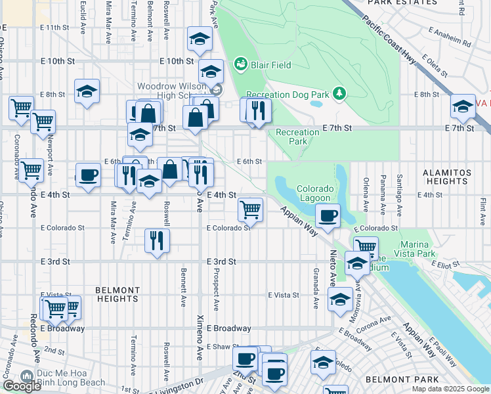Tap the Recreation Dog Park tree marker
339,94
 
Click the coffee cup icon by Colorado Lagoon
328,215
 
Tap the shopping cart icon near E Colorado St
250,209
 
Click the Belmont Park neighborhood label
393,380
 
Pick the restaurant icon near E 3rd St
158,240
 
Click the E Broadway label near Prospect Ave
229,328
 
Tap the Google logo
22,386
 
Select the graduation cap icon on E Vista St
339,300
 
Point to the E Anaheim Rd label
450,37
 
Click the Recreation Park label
297,137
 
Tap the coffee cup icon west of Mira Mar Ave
88,175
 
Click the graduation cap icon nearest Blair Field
211,71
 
